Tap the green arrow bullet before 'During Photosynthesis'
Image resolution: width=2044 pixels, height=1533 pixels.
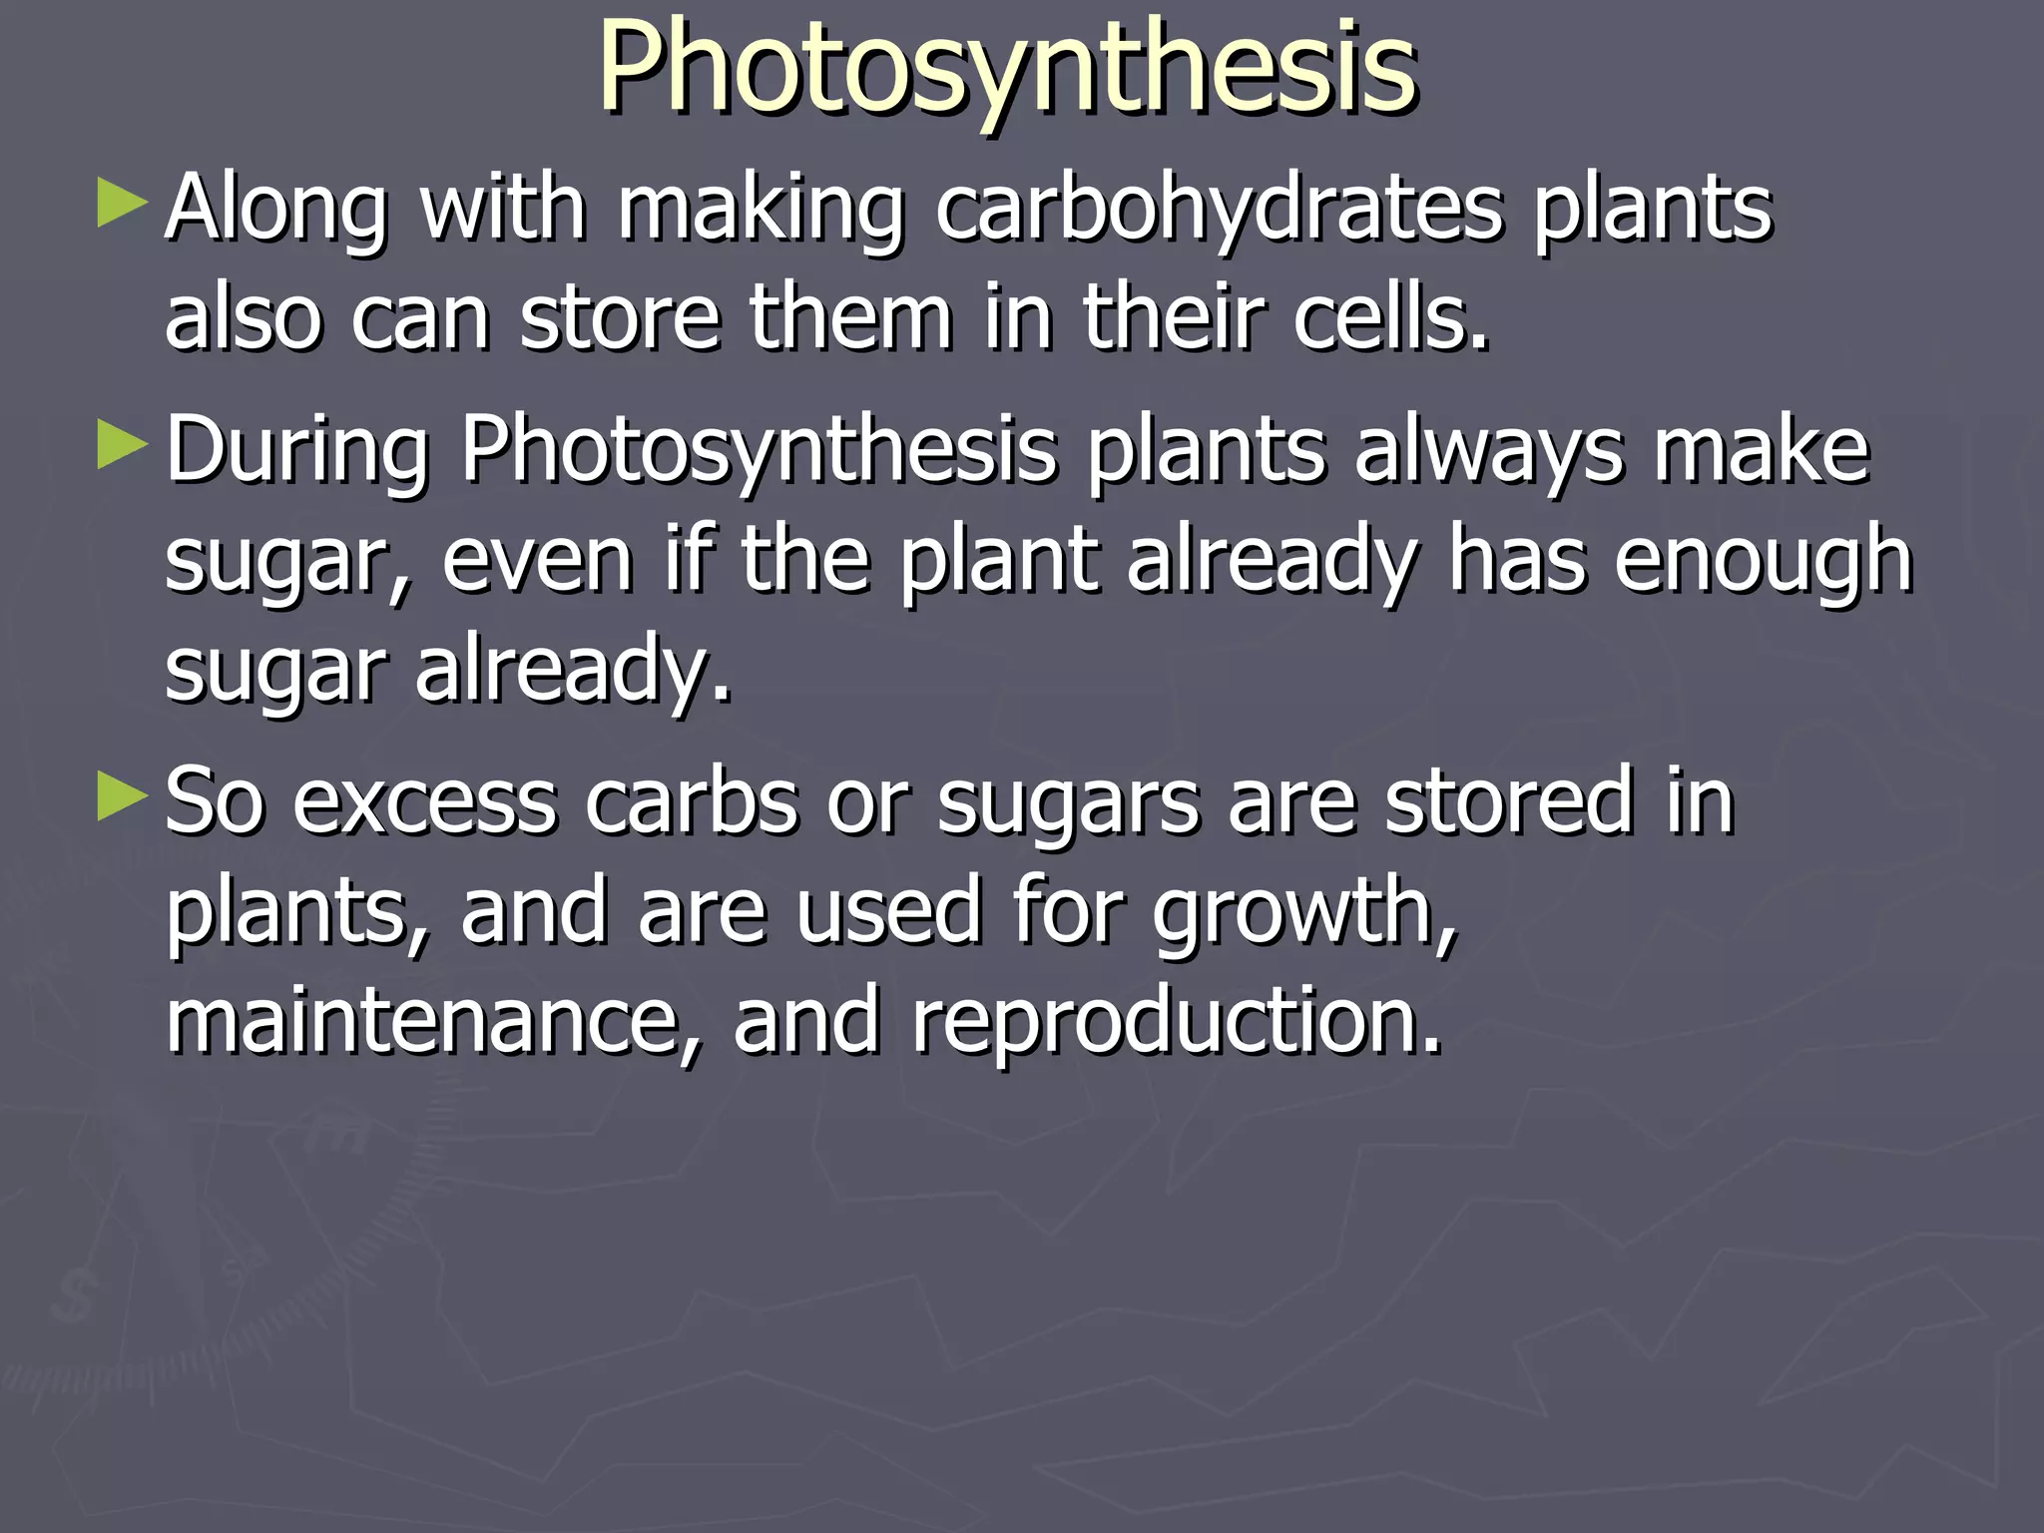tap(123, 445)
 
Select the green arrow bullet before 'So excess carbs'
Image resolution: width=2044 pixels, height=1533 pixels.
tap(123, 797)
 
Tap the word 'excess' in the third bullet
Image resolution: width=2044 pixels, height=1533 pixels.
tap(424, 802)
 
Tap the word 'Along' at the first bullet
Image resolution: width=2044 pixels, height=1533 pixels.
tap(275, 212)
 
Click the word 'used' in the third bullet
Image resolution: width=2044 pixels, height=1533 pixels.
tap(888, 910)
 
